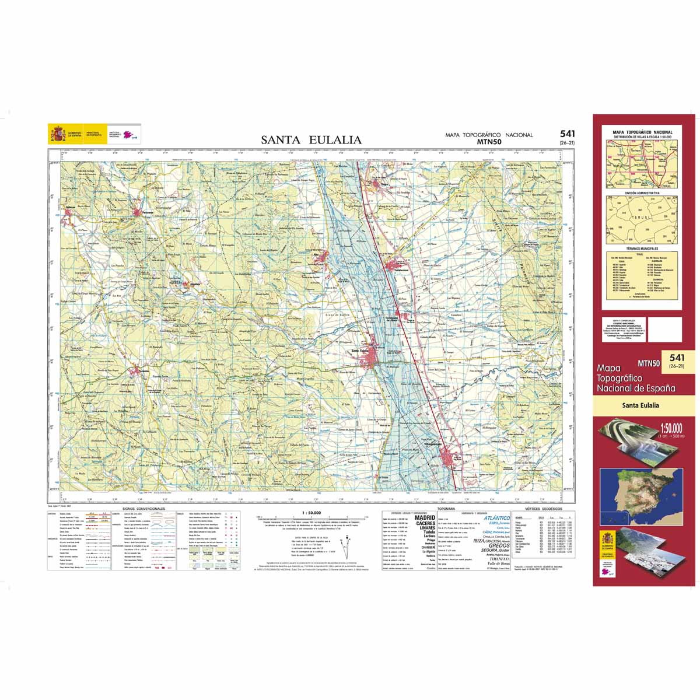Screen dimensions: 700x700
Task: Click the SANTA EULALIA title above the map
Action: (311, 140)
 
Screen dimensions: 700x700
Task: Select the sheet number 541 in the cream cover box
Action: (677, 358)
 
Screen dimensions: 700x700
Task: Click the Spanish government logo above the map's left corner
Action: (57, 134)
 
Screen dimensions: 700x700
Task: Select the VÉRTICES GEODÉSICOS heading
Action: (543, 509)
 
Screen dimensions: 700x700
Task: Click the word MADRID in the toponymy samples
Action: (425, 517)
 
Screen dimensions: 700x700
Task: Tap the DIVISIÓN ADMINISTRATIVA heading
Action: (642, 192)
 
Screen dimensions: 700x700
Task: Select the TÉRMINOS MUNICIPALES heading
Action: (642, 249)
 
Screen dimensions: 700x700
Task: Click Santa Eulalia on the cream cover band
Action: (640, 405)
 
